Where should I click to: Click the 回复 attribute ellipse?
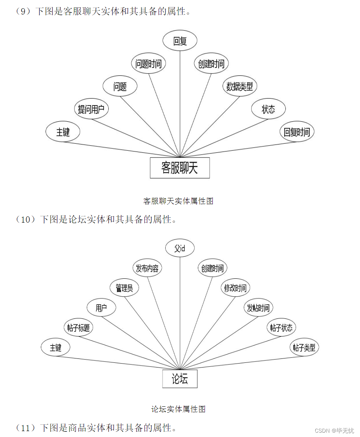tap(180, 40)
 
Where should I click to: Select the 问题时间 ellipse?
tap(148, 64)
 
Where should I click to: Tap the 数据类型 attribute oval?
tap(239, 86)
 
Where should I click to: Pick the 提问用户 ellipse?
tap(91, 109)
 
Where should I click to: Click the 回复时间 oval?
tap(297, 132)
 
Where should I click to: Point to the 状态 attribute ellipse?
tap(268, 109)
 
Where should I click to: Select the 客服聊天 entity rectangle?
tap(180, 168)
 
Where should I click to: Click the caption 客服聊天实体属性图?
tap(178, 201)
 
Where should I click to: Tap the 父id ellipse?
tap(180, 248)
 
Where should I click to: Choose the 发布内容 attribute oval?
tap(147, 268)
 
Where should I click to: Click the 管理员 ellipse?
tap(124, 288)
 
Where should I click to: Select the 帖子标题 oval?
tap(79, 328)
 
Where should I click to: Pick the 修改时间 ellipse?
tap(235, 288)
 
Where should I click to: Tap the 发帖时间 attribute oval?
tap(258, 308)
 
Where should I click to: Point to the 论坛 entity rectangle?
tap(180, 379)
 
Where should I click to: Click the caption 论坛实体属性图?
tap(178, 409)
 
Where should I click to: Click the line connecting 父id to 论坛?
tap(180, 314)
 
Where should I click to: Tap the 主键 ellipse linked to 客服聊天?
tap(63, 132)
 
